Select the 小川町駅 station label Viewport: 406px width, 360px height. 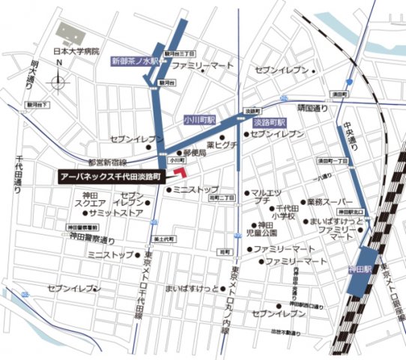199,119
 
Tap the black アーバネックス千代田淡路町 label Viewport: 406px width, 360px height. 114,176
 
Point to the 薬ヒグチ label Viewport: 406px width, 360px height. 222,145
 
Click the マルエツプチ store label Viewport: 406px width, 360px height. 265,196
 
